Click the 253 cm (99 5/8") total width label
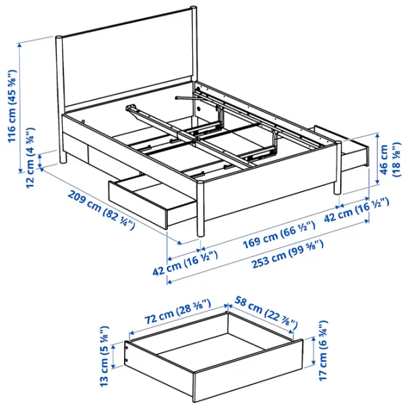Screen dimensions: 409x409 click(286, 255)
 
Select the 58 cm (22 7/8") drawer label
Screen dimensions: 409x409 click(262, 312)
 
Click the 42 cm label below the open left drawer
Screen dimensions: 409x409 click(183, 262)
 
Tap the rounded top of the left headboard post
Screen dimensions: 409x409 click(59, 37)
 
